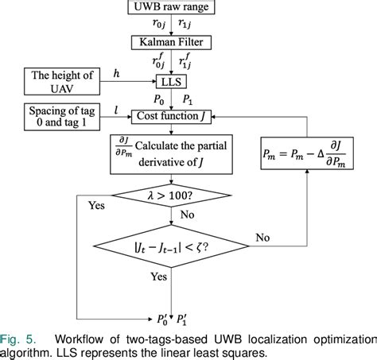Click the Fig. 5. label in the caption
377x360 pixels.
[x=16, y=338]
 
